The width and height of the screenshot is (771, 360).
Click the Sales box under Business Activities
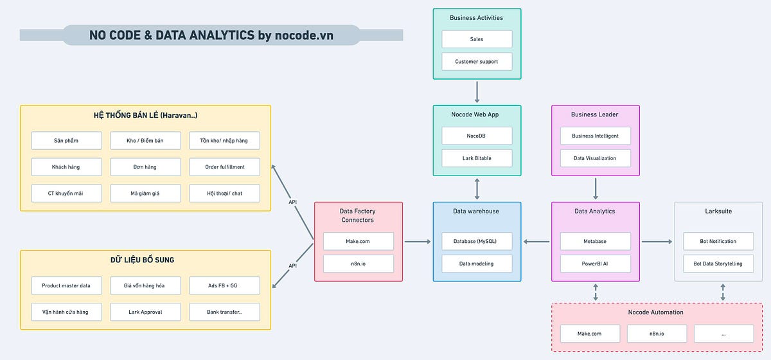(x=477, y=39)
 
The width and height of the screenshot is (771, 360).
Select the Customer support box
(x=477, y=62)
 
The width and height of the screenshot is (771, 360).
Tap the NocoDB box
(x=477, y=136)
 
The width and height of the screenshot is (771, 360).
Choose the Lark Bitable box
(x=477, y=158)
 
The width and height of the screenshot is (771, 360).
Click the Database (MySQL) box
(x=477, y=242)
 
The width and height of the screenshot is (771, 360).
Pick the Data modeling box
(x=477, y=264)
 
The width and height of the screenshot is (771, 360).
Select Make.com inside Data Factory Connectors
(x=358, y=242)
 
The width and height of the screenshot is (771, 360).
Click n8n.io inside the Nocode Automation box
(x=657, y=334)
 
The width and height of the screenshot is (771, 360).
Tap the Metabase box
(x=595, y=242)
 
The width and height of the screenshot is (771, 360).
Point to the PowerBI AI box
(x=595, y=264)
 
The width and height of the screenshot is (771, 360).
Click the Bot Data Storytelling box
(x=718, y=264)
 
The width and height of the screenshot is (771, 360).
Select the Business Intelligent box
(x=595, y=136)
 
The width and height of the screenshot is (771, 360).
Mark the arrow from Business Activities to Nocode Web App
(x=477, y=91)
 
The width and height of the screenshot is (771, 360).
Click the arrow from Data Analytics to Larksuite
(x=657, y=242)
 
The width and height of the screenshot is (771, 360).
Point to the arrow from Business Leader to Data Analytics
(x=596, y=188)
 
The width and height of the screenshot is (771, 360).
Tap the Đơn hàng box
(x=145, y=167)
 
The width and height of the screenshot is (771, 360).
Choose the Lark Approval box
(x=145, y=312)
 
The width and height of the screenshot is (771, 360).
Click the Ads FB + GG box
(x=224, y=285)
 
